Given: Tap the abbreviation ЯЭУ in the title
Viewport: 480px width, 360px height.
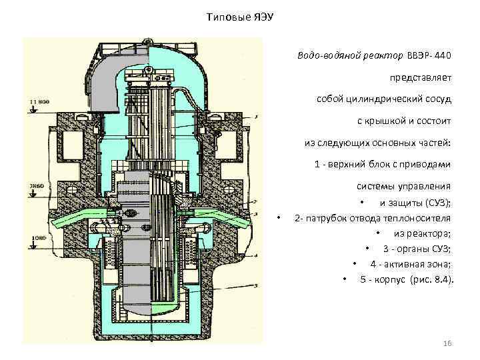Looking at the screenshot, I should coord(261,15).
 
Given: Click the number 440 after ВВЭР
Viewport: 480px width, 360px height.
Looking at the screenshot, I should coord(443,55).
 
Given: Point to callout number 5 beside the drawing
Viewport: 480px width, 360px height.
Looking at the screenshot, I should coord(257,285).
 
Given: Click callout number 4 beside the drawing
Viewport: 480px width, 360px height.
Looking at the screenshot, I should coord(257,255).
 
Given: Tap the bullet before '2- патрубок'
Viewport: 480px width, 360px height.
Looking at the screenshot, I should coord(279,219).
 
